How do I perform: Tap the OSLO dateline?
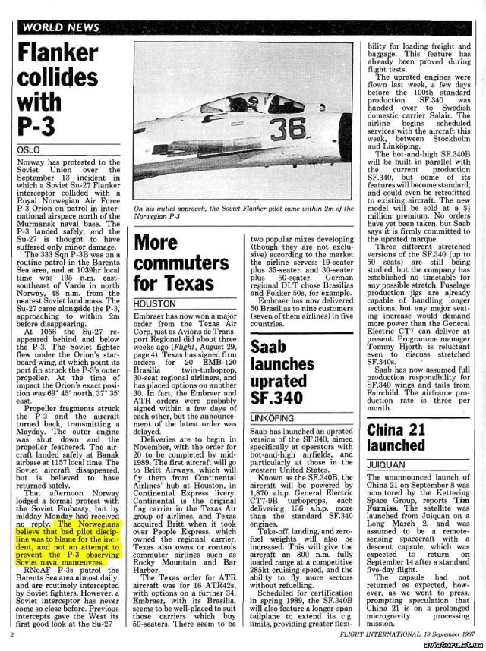[30, 150]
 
